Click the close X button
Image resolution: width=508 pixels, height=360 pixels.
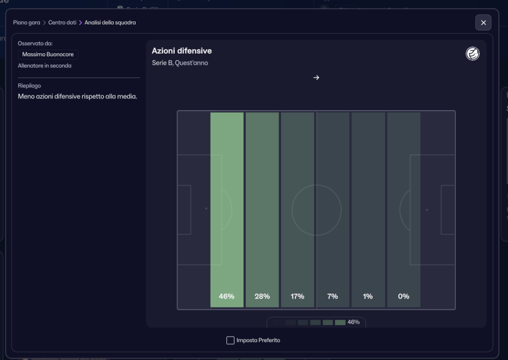click(x=483, y=23)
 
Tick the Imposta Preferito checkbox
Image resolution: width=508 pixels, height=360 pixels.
click(x=230, y=340)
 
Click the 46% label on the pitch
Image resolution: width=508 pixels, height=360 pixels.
click(x=226, y=296)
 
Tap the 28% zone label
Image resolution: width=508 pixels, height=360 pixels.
click(x=262, y=296)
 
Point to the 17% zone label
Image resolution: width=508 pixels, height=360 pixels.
click(x=297, y=296)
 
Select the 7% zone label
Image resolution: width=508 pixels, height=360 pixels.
click(x=332, y=296)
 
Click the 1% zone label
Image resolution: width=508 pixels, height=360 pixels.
click(x=368, y=296)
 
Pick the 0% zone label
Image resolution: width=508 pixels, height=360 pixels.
click(x=403, y=296)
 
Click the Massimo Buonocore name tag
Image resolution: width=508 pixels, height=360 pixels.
click(x=48, y=55)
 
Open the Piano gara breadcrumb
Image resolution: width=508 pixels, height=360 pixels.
click(x=26, y=23)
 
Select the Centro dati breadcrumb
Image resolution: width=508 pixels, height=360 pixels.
click(x=62, y=23)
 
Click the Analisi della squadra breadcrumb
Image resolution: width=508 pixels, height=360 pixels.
click(x=110, y=23)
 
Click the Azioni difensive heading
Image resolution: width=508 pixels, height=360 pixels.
click(x=182, y=51)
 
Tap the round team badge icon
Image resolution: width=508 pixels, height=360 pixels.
click(x=473, y=54)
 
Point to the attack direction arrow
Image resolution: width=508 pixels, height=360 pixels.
click(x=316, y=77)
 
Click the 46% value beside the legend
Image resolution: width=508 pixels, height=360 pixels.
click(x=354, y=322)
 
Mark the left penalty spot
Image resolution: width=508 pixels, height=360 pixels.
click(x=206, y=209)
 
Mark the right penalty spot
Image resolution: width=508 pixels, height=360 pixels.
click(x=427, y=210)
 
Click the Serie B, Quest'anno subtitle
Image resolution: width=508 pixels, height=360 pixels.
click(x=180, y=63)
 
